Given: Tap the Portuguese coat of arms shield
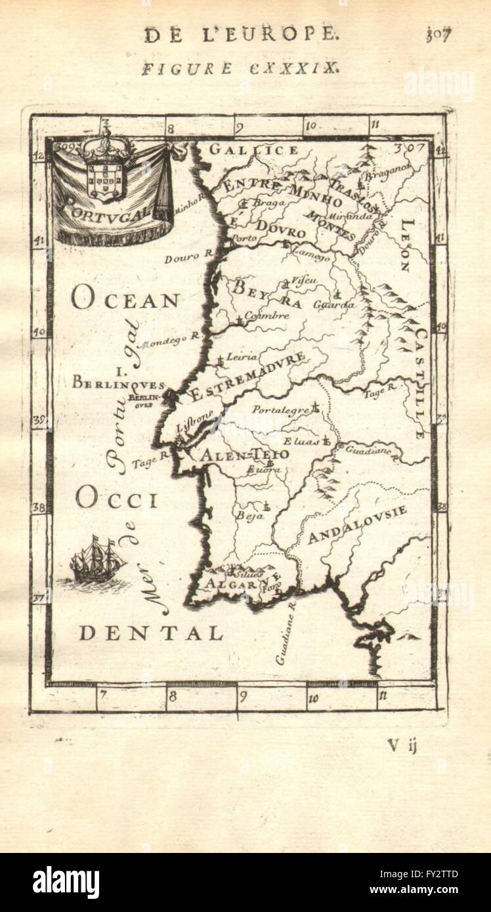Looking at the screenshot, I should [x=104, y=176].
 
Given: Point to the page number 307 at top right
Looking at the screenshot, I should [x=439, y=34].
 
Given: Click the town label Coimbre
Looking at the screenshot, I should [x=266, y=316].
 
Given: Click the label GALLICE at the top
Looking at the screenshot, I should [x=253, y=150].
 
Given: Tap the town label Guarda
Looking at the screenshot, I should [x=333, y=305].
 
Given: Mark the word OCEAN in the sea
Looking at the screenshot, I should [x=125, y=300].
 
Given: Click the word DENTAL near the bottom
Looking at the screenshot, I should [x=151, y=632].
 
